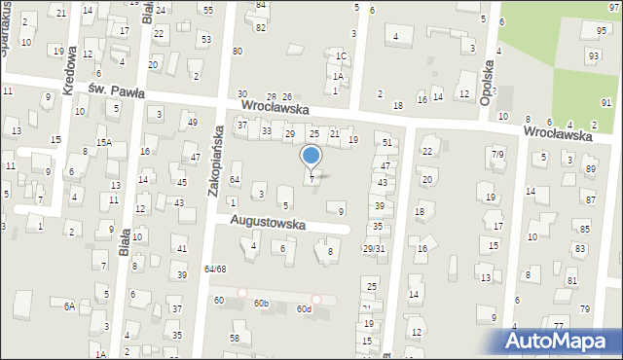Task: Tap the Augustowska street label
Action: coord(268,223)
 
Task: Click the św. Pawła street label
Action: coord(116,91)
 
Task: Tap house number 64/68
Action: coord(215,269)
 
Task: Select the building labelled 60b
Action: coord(261,304)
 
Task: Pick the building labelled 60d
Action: coord(304,308)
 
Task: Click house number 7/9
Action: coord(497,154)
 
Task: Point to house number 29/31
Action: coord(373,249)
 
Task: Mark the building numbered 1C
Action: coord(341,56)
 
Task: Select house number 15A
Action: coord(103,142)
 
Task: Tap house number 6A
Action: coord(69,306)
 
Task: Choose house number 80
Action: coord(238,51)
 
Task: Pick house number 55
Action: coord(208,9)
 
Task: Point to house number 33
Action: coord(266,130)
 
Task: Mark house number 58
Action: coord(235,338)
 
